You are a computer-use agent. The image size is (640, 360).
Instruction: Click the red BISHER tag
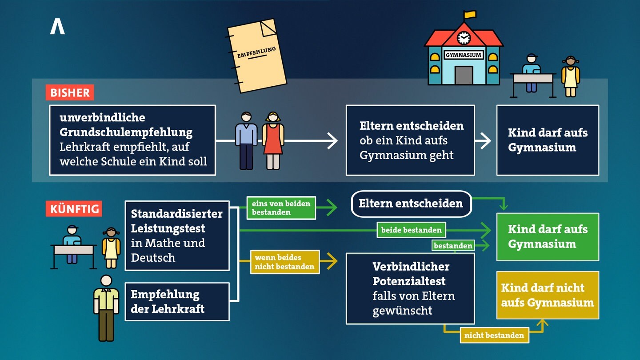pos(70,93)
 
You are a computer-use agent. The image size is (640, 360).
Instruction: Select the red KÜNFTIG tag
pos(74,209)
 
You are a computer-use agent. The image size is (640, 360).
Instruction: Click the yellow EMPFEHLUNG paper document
pos(257,56)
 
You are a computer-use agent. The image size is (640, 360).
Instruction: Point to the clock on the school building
pos(464,38)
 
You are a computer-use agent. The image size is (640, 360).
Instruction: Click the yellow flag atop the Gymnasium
pos(470,15)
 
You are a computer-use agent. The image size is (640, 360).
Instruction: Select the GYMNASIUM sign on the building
pos(464,55)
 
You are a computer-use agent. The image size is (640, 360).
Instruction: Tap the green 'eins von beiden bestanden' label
pos(281,208)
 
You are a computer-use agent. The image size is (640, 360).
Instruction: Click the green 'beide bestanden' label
pos(411,230)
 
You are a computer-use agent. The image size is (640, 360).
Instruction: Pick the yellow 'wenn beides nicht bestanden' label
pos(284,262)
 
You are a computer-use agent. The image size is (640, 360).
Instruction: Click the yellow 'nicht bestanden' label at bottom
pos(494,336)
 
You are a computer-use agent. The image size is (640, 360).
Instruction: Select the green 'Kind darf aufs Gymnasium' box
pos(548,236)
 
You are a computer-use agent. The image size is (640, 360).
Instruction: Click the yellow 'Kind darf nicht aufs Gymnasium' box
pos(548,295)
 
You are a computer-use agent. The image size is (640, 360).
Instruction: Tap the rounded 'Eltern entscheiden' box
pos(411,204)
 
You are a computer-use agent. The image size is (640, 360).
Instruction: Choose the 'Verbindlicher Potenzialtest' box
pos(410,288)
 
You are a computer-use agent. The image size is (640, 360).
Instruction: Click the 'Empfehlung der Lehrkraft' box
pos(177,301)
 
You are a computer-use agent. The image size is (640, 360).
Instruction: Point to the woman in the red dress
pos(273,140)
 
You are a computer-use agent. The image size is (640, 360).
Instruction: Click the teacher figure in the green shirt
pos(106,307)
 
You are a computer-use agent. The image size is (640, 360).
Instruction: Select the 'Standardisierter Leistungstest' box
pos(177,236)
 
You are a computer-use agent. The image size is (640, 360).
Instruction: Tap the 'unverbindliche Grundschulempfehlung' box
pos(132,140)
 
